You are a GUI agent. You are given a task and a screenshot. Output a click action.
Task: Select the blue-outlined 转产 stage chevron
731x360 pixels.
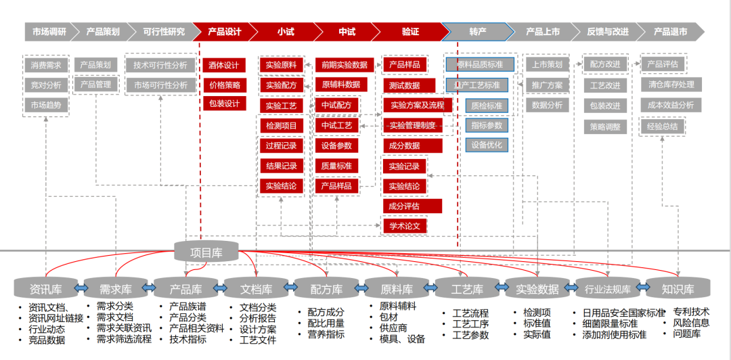pyautogui.click(x=477, y=32)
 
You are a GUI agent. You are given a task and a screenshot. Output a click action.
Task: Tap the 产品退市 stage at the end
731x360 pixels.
pyautogui.click(x=670, y=32)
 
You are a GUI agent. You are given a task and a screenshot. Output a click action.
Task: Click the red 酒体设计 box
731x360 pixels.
pyautogui.click(x=224, y=66)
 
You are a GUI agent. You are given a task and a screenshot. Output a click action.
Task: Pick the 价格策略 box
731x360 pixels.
pyautogui.click(x=224, y=85)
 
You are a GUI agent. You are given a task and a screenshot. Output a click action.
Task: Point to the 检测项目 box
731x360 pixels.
pyautogui.click(x=281, y=126)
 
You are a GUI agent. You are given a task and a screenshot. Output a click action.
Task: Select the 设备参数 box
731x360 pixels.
pyautogui.click(x=336, y=145)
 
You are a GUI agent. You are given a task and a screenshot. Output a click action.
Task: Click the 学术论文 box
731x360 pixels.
pyautogui.click(x=405, y=226)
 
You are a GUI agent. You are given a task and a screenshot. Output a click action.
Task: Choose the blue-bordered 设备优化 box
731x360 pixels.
pyautogui.click(x=486, y=145)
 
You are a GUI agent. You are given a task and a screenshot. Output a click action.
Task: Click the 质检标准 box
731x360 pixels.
pyautogui.click(x=486, y=106)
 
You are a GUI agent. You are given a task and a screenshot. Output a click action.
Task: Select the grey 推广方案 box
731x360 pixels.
pyautogui.click(x=547, y=86)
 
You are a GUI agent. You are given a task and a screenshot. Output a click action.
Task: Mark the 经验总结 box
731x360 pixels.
pyautogui.click(x=663, y=126)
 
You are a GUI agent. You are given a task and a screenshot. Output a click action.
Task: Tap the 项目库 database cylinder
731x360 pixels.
pyautogui.click(x=206, y=253)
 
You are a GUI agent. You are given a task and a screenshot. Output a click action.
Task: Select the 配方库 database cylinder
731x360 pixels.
pyautogui.click(x=328, y=290)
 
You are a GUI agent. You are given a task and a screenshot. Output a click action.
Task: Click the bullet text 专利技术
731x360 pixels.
pyautogui.click(x=691, y=312)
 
